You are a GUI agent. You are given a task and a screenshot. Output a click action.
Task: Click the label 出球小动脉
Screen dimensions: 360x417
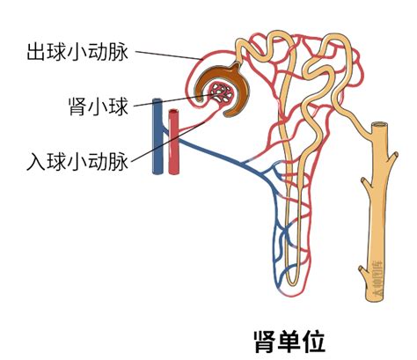point(77,51)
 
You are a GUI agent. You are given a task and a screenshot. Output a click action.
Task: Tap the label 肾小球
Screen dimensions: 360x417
point(99,106)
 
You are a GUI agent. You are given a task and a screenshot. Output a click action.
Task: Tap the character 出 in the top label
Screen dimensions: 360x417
point(33,51)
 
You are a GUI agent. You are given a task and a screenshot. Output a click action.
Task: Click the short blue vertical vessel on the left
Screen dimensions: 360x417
point(157,132)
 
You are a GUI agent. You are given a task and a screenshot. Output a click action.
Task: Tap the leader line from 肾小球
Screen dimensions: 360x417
point(176,99)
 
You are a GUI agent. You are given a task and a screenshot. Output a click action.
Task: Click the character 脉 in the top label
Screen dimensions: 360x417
point(120,51)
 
